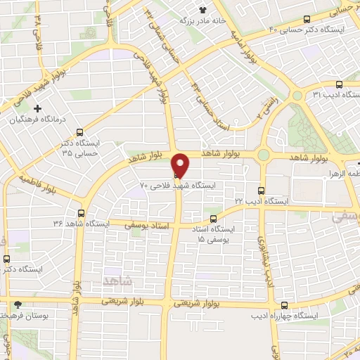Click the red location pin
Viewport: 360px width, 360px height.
[181, 165]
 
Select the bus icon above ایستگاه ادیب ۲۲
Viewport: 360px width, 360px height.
[262, 190]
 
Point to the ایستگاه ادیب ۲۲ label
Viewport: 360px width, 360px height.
[262, 201]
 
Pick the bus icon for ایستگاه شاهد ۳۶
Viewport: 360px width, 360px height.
[81, 213]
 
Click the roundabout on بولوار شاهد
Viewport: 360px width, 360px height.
[264, 155]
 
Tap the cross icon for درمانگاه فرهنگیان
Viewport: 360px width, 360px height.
[38, 108]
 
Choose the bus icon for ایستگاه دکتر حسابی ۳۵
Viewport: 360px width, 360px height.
[79, 131]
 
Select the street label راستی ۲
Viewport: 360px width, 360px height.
[267, 105]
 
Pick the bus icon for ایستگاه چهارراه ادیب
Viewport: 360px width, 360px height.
[284, 305]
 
